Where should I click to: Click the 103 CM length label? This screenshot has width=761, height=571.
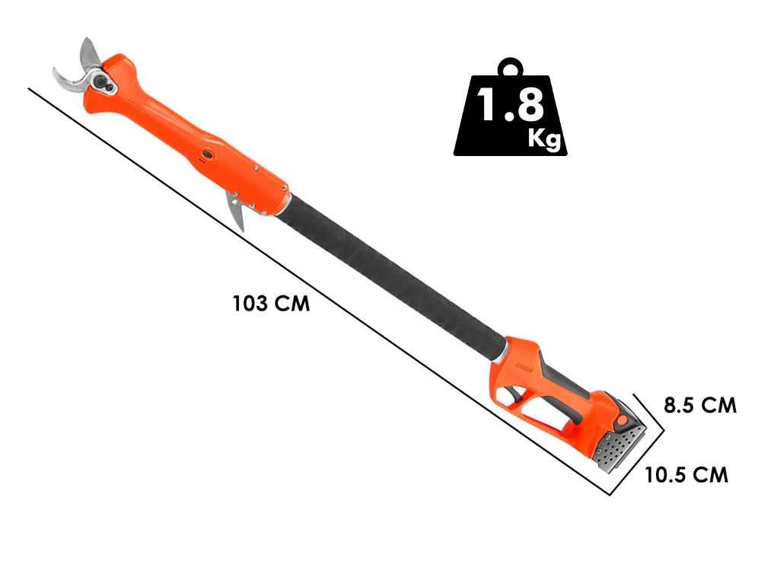click(x=271, y=303)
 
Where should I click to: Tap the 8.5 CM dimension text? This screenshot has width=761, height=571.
click(x=699, y=405)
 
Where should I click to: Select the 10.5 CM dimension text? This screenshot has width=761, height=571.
click(x=686, y=475)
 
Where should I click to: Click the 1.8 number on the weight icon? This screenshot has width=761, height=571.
click(x=509, y=107)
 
